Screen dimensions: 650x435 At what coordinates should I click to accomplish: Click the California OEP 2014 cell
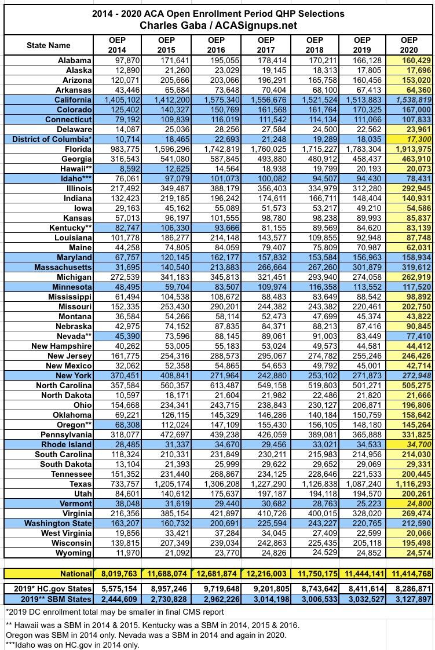click(x=118, y=100)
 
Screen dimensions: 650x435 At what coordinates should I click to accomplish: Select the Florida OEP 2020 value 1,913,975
click(x=410, y=149)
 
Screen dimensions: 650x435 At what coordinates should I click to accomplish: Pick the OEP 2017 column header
click(x=266, y=45)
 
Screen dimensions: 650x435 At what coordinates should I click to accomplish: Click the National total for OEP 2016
click(x=216, y=574)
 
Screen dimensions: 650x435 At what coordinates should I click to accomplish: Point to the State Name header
click(x=49, y=45)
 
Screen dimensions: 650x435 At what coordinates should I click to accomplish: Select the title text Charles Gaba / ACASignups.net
click(x=218, y=25)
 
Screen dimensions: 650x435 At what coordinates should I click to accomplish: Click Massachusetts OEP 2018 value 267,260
click(x=315, y=267)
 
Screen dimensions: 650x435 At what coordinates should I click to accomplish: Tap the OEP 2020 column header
click(x=409, y=45)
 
